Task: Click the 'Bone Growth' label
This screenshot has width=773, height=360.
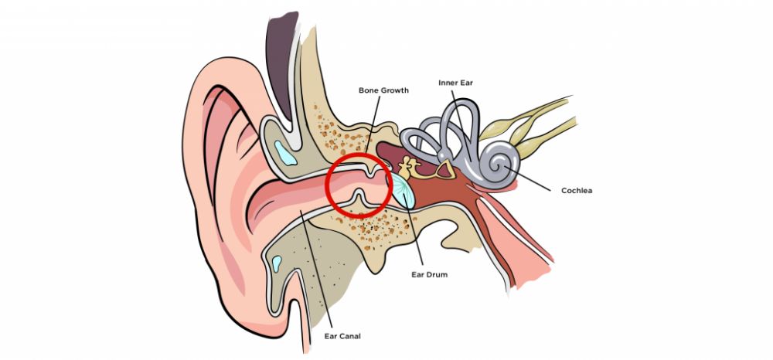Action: pos(383,90)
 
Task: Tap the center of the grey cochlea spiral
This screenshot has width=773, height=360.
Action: pos(506,163)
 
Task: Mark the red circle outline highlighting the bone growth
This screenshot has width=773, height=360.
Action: pos(328,185)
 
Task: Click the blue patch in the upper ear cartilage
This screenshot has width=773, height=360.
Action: pos(286,154)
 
